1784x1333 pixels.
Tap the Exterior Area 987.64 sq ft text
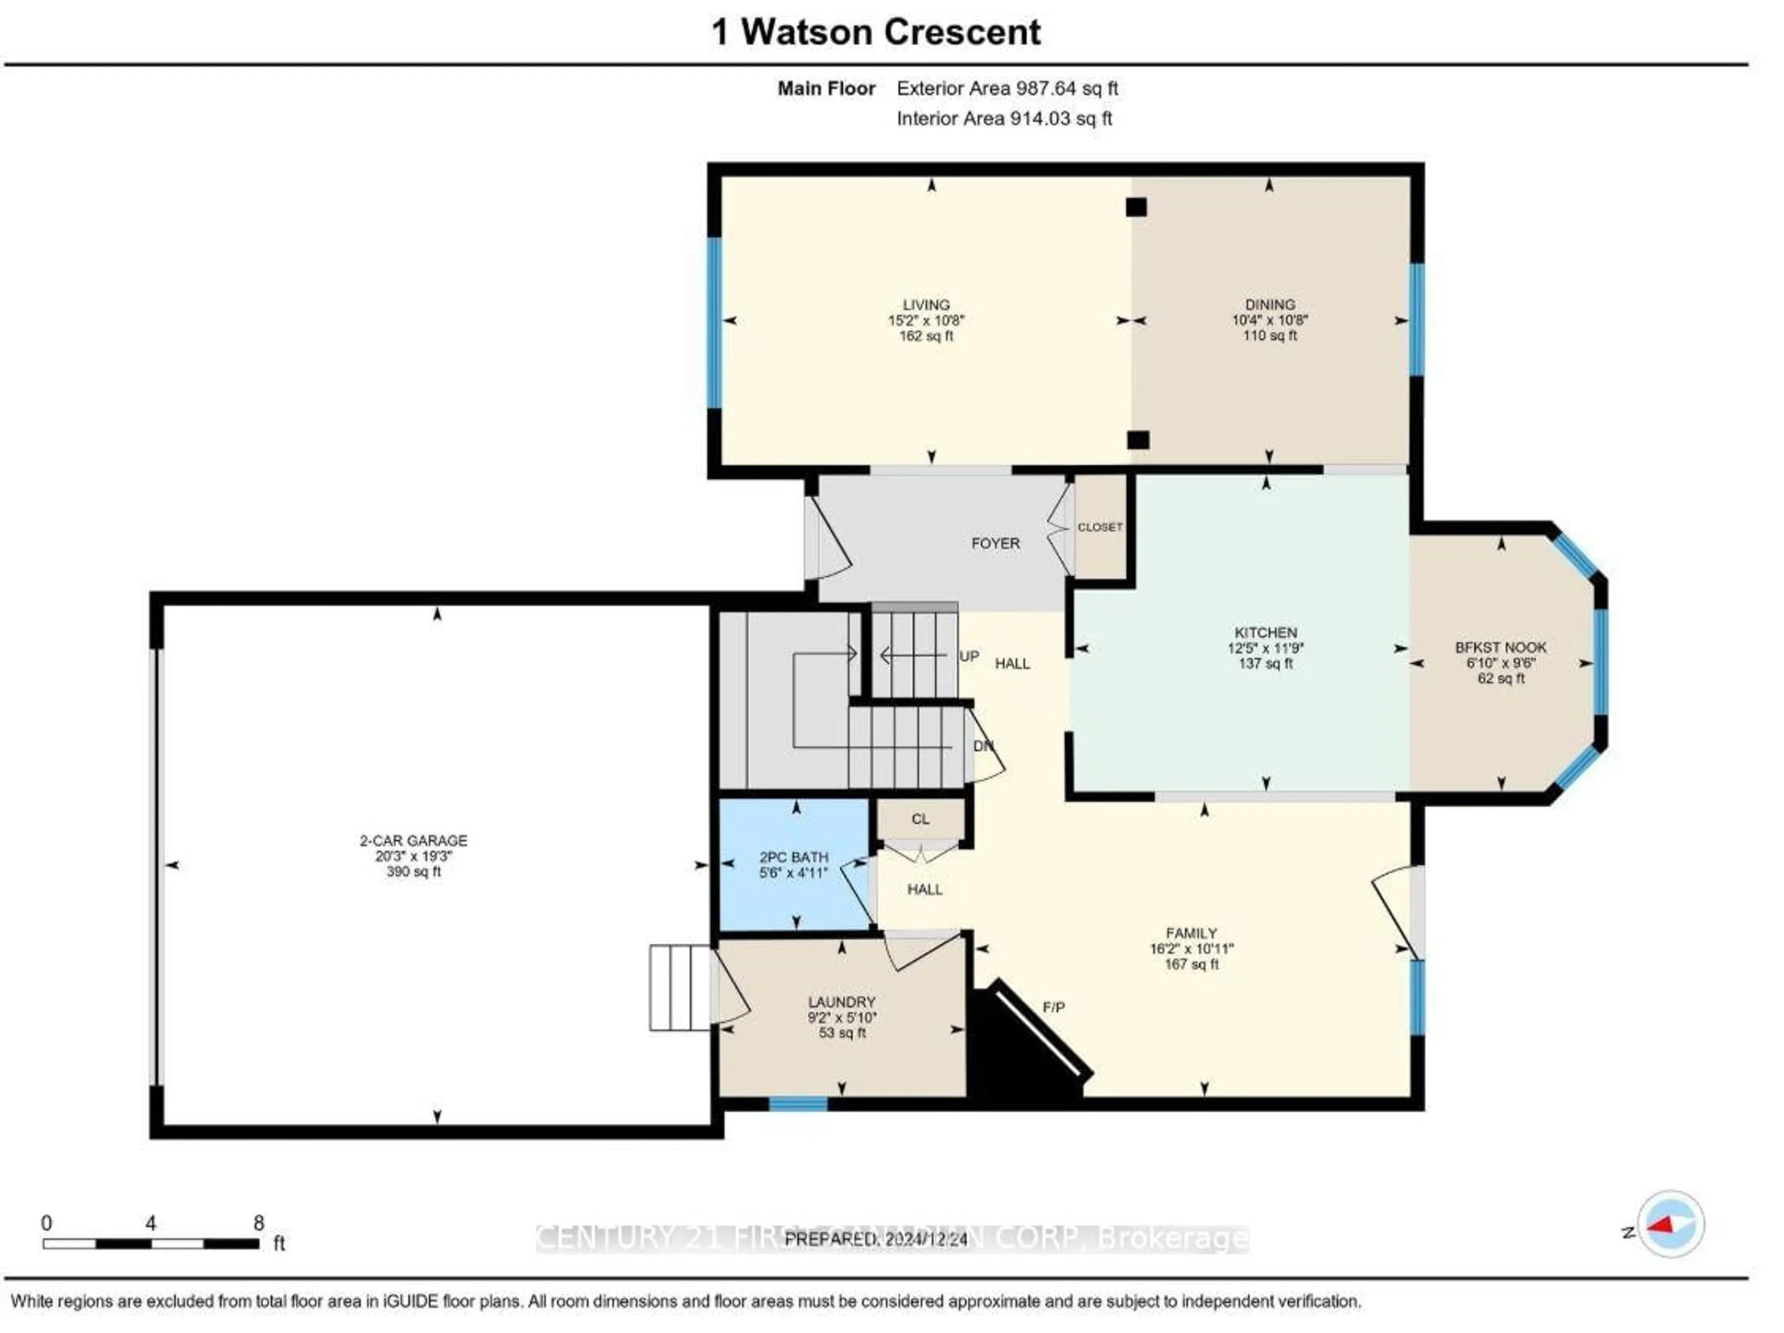click(x=1007, y=89)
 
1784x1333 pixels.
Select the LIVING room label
click(x=926, y=305)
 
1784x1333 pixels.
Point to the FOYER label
click(x=995, y=543)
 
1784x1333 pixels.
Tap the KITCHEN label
click(x=1266, y=633)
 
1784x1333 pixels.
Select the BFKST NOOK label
click(x=1500, y=647)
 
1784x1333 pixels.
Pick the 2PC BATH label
click(x=794, y=857)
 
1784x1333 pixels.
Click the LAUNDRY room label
click(x=841, y=1002)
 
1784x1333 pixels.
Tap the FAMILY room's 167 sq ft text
click(x=1191, y=965)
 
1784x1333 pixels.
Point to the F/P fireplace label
click(x=1053, y=1007)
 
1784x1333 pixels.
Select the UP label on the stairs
click(x=969, y=656)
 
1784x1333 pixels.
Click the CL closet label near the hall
click(x=920, y=819)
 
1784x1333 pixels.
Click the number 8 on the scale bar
click(x=259, y=1223)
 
